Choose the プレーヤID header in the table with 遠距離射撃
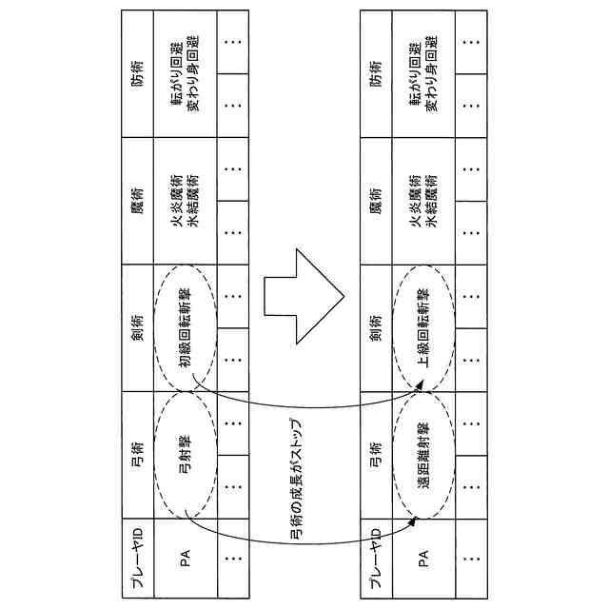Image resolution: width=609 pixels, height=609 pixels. (377, 557)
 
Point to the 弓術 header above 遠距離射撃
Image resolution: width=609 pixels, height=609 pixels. (377, 456)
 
